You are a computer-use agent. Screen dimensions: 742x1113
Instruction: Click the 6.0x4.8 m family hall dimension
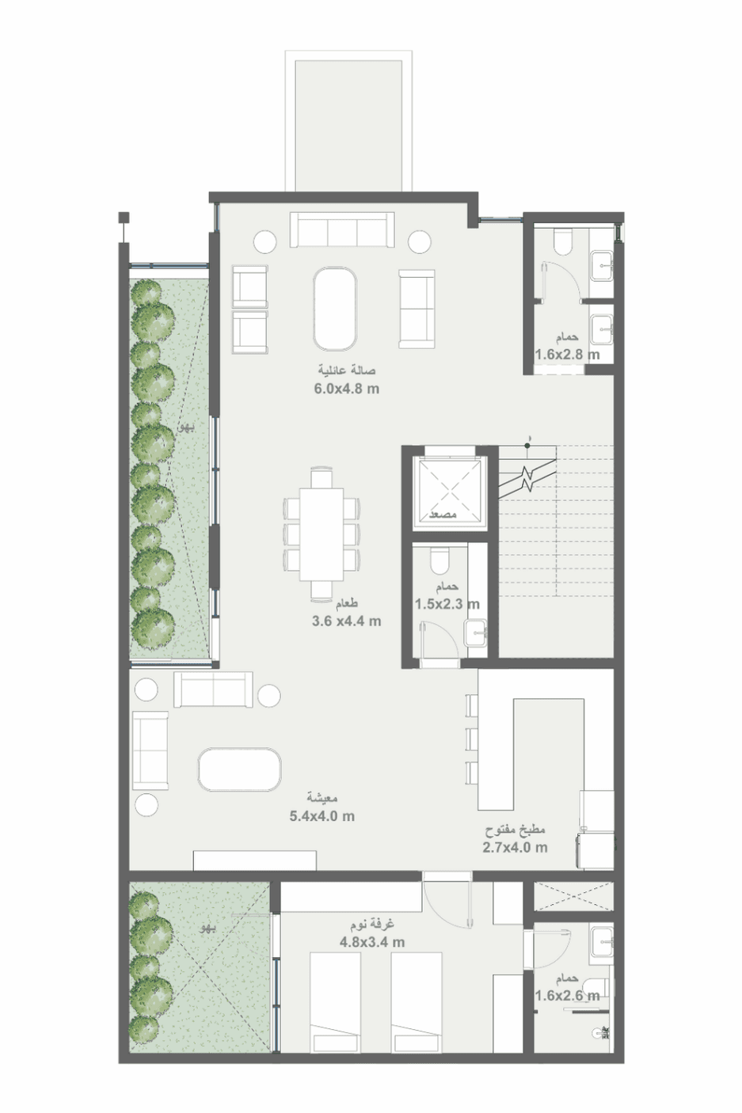click(x=346, y=389)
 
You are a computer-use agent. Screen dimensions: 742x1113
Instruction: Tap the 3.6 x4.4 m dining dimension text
click(x=346, y=621)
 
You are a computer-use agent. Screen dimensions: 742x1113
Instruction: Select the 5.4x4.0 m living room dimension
click(x=322, y=816)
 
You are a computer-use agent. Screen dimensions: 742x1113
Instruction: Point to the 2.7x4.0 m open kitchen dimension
click(x=515, y=847)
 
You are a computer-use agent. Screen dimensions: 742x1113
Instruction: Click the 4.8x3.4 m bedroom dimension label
click(x=372, y=941)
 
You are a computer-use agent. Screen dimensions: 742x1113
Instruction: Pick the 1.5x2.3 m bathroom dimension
click(x=447, y=604)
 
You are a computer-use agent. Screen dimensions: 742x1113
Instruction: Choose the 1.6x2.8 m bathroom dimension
click(x=567, y=355)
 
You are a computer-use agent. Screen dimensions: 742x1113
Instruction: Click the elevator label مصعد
click(x=443, y=515)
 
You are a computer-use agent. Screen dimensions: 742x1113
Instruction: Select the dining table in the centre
click(x=322, y=534)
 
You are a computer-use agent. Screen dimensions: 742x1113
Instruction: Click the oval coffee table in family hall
click(x=336, y=309)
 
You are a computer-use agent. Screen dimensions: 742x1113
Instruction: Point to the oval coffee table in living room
click(x=240, y=769)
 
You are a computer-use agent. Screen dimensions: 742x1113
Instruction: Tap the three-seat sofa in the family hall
click(x=342, y=230)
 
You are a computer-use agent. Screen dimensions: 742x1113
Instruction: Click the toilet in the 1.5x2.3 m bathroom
click(x=439, y=560)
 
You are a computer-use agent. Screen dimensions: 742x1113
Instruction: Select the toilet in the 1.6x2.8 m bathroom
click(x=563, y=240)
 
